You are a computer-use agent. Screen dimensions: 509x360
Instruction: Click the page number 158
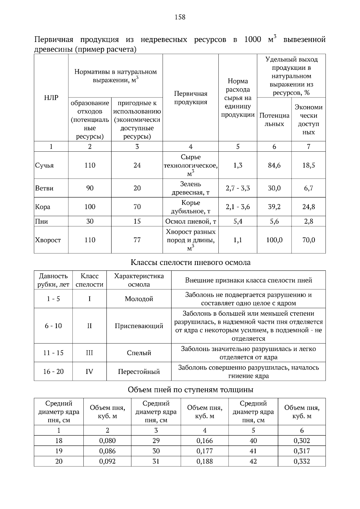click(x=180, y=17)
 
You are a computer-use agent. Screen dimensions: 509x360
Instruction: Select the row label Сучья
click(x=44, y=165)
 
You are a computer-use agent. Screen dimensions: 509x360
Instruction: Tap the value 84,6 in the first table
click(x=274, y=165)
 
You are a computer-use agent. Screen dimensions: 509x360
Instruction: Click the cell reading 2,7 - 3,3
click(x=238, y=188)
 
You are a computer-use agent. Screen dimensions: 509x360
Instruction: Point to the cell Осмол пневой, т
click(x=191, y=222)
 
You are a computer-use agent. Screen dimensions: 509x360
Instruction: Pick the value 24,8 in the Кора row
click(x=308, y=207)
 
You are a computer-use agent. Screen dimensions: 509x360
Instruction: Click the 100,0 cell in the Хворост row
click(x=274, y=240)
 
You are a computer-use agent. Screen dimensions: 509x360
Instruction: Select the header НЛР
click(x=51, y=98)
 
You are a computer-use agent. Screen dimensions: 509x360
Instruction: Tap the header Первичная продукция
click(x=190, y=98)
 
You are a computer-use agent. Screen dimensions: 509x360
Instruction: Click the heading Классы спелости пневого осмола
click(x=190, y=263)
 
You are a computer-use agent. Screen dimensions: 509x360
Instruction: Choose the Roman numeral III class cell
click(x=89, y=353)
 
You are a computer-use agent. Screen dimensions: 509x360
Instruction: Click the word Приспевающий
click(x=139, y=326)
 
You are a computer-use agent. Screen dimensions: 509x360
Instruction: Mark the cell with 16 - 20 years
click(x=53, y=372)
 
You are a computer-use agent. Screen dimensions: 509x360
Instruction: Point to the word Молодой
click(x=139, y=299)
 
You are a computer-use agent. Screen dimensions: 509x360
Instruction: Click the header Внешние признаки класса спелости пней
click(x=248, y=280)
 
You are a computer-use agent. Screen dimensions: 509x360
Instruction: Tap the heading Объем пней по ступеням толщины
click(x=190, y=390)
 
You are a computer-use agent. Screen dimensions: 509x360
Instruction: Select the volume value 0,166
click(x=205, y=441)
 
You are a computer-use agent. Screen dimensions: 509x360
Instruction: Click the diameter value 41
click(x=253, y=451)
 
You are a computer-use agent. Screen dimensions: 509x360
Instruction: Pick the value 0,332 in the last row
click(x=302, y=461)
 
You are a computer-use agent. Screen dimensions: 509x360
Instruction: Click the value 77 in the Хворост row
click(x=137, y=240)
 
